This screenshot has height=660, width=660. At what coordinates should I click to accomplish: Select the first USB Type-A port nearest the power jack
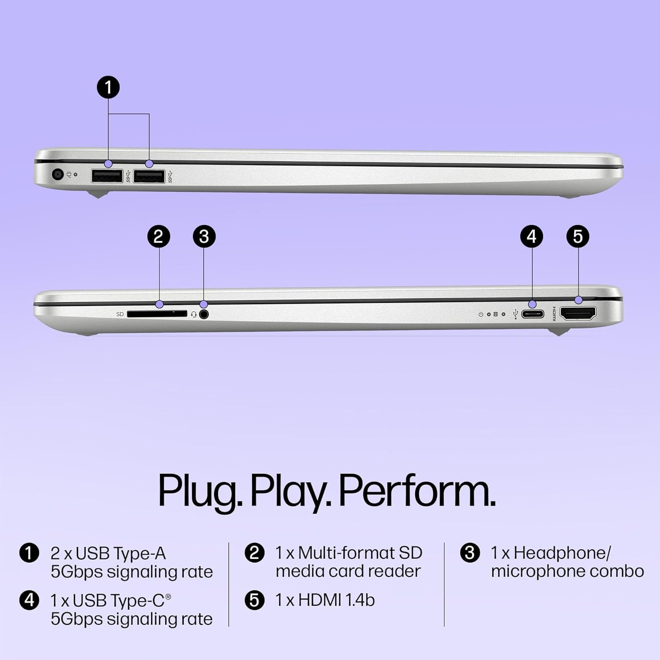(x=107, y=176)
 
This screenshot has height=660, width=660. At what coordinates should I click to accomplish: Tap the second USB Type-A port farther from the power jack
(x=149, y=176)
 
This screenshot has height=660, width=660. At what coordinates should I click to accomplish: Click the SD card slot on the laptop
(x=157, y=314)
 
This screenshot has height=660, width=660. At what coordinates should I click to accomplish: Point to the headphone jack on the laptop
(x=203, y=314)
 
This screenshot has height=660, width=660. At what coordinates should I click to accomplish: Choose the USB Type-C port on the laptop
(x=533, y=314)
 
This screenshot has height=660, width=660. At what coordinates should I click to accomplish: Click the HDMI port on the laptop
(x=578, y=313)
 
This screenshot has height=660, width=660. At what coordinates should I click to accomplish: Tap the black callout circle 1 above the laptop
(x=108, y=87)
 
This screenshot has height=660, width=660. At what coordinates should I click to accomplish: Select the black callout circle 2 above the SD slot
(x=158, y=237)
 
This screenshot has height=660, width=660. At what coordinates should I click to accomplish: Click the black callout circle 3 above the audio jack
(x=204, y=237)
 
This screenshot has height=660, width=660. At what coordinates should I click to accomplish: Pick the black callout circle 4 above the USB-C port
(x=532, y=237)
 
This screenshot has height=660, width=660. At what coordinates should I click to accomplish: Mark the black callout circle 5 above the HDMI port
(x=578, y=237)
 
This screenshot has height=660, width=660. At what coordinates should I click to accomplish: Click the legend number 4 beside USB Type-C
(x=29, y=600)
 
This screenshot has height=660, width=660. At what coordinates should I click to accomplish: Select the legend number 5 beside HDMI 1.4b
(x=254, y=600)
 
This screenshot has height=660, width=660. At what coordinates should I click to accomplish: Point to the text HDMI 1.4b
(x=336, y=600)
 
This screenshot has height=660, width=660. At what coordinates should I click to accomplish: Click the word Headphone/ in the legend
(x=562, y=553)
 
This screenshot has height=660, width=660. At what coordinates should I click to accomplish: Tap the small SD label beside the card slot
(x=120, y=314)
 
